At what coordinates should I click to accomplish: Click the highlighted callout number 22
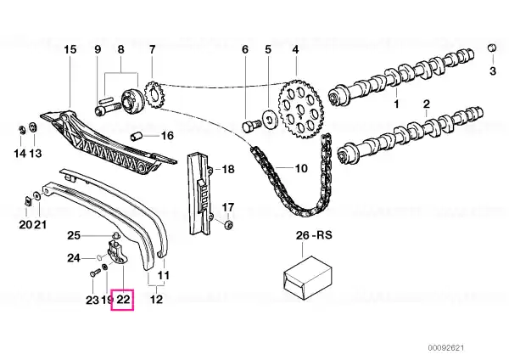(x=123, y=299)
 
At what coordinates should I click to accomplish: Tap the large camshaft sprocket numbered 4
(x=300, y=109)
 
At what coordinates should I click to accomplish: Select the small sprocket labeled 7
(x=154, y=95)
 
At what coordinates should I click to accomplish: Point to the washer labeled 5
(x=270, y=119)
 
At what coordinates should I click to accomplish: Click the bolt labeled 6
(x=252, y=126)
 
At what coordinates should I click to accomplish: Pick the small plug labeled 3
(x=492, y=48)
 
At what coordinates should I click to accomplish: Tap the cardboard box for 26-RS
(x=308, y=278)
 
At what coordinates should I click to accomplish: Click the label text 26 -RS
(x=314, y=235)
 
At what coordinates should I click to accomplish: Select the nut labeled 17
(x=228, y=224)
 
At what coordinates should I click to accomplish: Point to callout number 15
(x=70, y=50)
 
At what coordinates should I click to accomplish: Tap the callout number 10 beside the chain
(x=301, y=168)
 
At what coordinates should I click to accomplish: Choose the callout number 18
(x=228, y=169)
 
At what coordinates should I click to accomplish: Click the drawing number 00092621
(x=445, y=347)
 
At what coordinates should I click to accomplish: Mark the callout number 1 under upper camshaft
(x=396, y=104)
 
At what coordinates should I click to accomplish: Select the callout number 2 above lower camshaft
(x=426, y=104)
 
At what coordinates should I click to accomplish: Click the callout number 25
(x=74, y=235)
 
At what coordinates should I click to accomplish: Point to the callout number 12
(x=156, y=299)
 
